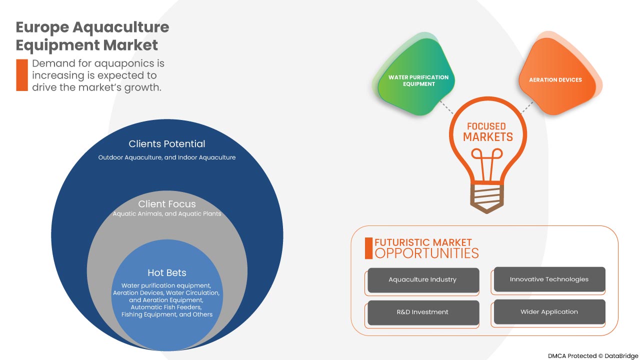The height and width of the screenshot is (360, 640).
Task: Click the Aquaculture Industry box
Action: coord(423,280)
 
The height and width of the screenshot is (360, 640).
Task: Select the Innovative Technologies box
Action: coord(549,279)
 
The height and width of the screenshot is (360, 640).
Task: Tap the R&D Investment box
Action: coord(423,312)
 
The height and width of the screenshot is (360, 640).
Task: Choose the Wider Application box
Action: coord(549,312)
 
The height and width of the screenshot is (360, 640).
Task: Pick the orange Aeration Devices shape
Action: coord(556,79)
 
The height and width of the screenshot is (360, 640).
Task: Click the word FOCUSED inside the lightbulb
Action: coord(486,126)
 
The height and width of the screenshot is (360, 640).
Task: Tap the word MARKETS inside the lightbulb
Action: coord(487,137)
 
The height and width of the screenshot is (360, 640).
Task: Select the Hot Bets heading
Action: coord(166,273)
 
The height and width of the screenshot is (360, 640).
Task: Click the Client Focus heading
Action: coord(166,204)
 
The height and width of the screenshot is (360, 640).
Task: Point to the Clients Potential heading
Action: coord(166,144)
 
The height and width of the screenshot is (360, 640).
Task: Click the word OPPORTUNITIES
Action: coord(426,253)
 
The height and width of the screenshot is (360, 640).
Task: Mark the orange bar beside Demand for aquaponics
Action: coord(22,75)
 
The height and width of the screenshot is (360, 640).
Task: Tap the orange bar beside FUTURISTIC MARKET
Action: coord(369,248)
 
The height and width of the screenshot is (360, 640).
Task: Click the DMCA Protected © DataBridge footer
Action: coord(592,356)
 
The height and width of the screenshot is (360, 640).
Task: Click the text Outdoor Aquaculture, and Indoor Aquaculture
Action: coord(166,157)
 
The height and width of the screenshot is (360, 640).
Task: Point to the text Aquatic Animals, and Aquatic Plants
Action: coord(166,214)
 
